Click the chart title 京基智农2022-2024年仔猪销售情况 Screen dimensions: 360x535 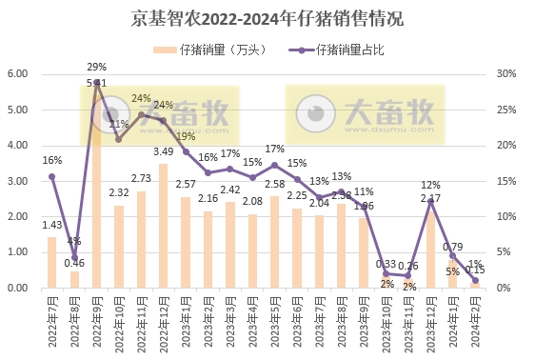pos(267,18)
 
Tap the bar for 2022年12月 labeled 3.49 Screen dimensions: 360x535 pos(164,226)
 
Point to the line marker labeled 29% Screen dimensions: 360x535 pos(97,82)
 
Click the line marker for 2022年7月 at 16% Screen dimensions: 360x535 pos(52,176)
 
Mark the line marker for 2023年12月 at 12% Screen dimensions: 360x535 pos(430,202)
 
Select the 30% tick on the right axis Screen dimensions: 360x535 pos(508,74)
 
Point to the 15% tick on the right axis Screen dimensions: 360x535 pos(508,181)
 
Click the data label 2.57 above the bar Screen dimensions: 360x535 pos(186,184)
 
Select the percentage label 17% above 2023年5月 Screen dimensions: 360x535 pos(274,150)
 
